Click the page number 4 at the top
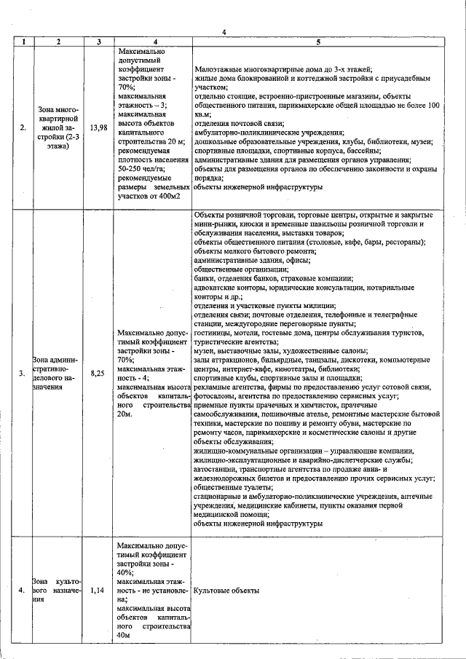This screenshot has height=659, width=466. (x=224, y=31)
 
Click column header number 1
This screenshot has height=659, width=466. (x=23, y=42)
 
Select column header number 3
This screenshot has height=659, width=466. (x=98, y=42)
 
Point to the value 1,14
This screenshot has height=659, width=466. (x=98, y=591)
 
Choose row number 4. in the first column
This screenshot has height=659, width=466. (x=23, y=591)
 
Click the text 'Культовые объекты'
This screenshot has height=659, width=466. (x=226, y=591)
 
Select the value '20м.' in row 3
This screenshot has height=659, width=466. (x=125, y=414)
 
